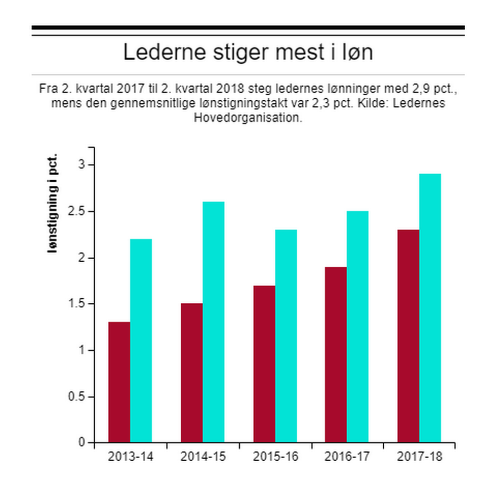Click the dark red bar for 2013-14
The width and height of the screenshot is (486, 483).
[x=119, y=382]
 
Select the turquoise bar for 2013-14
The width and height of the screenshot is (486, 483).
[x=141, y=341]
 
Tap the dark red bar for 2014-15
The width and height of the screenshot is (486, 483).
[x=192, y=373]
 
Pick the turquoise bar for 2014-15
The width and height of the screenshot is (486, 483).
[x=214, y=322]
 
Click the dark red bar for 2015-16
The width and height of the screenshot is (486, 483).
[x=264, y=364]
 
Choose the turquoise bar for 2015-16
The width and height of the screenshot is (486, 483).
[x=286, y=336]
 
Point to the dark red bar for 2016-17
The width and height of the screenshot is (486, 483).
[x=336, y=354]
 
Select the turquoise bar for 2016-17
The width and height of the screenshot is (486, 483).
[x=358, y=327]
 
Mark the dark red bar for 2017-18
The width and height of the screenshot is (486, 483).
[x=409, y=336]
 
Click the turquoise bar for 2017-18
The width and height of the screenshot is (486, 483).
[x=430, y=308]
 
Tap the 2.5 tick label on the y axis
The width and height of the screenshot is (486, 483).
[x=77, y=212]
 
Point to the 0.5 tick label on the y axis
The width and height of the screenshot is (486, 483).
[x=77, y=397]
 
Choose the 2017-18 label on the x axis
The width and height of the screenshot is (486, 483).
[x=420, y=457]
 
